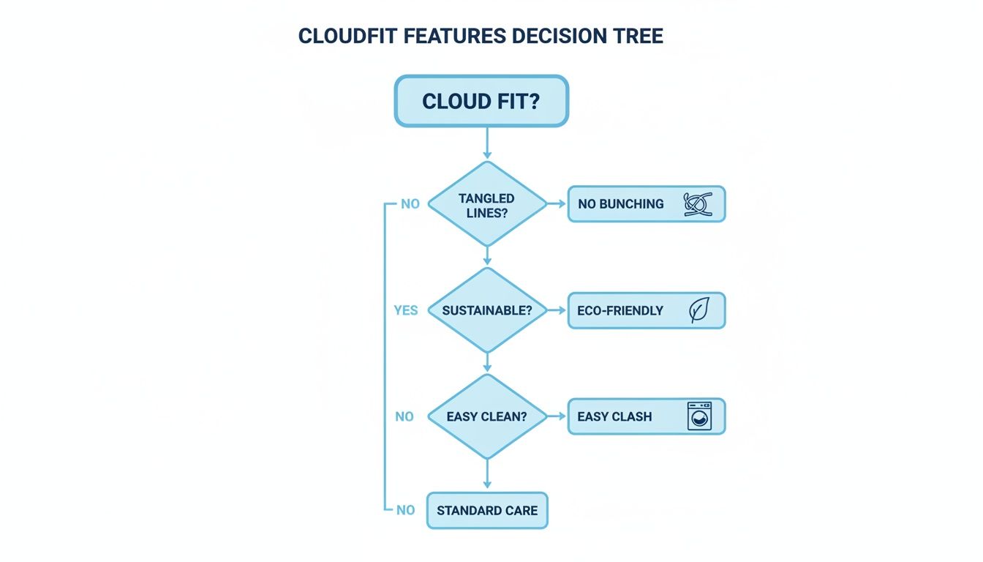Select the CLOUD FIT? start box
[x=481, y=101]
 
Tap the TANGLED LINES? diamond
[x=486, y=204]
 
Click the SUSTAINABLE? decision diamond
[x=486, y=310]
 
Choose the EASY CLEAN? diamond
[x=486, y=416]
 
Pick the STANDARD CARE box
[x=486, y=510]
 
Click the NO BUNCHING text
[x=620, y=204]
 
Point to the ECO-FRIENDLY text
[x=619, y=310]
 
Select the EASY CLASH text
[x=614, y=416]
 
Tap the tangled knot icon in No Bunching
[x=698, y=204]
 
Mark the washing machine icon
[x=699, y=416]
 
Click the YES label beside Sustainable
[x=405, y=310]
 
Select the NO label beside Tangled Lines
[x=410, y=204]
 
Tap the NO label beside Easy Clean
[x=404, y=416]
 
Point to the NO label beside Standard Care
[x=405, y=510]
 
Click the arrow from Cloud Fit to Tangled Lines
[x=486, y=143]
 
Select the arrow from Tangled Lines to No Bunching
[x=557, y=204]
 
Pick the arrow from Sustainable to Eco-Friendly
[x=557, y=310]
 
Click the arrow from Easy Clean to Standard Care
[x=486, y=476]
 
